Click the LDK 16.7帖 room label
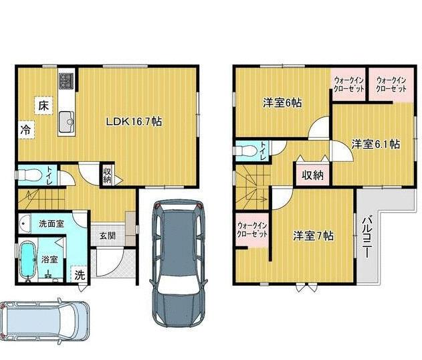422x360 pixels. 134,122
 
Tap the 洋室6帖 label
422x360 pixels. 282,102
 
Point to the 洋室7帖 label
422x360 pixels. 313,236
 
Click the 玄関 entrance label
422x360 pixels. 108,236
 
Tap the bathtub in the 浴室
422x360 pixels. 28,260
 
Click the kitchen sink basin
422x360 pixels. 66,122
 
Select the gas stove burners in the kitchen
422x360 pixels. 66,80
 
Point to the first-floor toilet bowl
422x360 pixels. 30,175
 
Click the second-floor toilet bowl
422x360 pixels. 247,151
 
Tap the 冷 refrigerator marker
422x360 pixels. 26,130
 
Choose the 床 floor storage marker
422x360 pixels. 43,106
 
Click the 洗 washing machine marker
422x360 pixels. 79,274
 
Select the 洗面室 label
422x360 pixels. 51,223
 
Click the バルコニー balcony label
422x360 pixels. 366,236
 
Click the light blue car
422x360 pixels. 45,322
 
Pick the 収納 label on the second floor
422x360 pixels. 312,175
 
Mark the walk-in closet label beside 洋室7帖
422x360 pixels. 252,230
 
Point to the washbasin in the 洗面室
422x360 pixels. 25,223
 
